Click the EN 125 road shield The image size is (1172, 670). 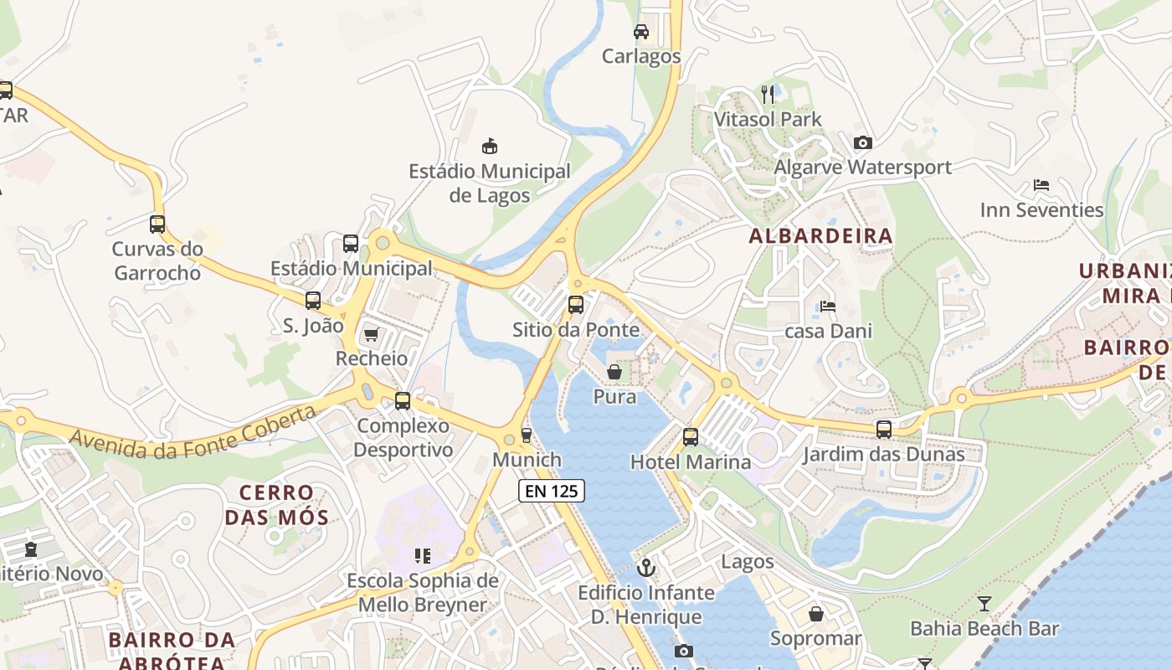coord(552,491)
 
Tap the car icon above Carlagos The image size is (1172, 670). coord(641,32)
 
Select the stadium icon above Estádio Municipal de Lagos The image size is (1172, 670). coord(490,147)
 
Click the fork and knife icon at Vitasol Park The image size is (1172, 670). coord(768,94)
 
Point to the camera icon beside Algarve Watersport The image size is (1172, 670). coord(863,143)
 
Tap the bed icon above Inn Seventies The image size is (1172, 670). coord(1041,185)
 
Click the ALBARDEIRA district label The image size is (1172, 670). coord(820,236)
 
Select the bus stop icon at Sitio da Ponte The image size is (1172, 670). coord(576,305)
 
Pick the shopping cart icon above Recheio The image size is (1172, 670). coord(371,335)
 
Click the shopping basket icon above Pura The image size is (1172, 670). coord(614,372)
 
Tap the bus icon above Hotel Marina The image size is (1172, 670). coord(691,437)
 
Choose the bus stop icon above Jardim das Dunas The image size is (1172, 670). coord(884,430)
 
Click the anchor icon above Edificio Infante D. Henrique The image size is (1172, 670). coord(646,569)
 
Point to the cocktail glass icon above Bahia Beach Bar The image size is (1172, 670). coord(984,604)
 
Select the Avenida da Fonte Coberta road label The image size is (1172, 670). coord(193,432)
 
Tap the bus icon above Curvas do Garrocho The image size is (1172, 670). coord(157,224)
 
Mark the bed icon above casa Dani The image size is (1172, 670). coord(828,307)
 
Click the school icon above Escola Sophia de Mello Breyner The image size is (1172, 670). coord(423,556)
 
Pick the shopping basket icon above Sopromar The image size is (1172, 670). coord(816,615)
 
